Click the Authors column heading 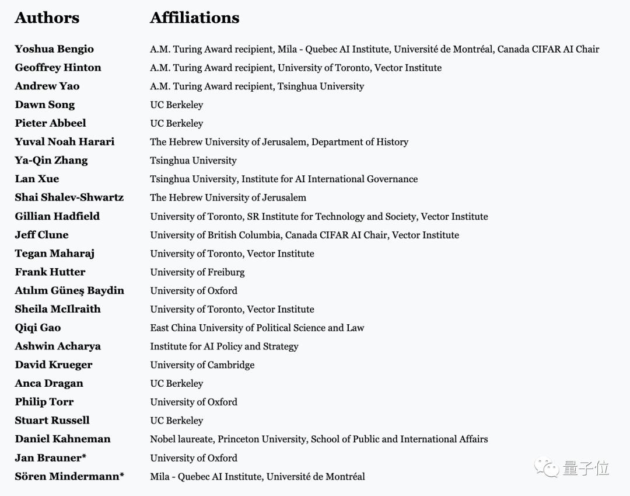click(47, 18)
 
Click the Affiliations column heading click(194, 18)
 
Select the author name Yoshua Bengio click(54, 49)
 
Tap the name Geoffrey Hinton click(58, 68)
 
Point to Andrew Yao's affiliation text click(257, 86)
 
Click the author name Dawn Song click(45, 105)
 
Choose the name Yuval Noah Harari click(65, 142)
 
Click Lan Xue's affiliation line click(283, 179)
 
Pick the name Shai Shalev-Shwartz click(69, 197)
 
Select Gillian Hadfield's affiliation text click(318, 217)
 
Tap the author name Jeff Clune click(41, 235)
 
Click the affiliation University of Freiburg click(197, 272)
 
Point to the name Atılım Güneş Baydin click(69, 290)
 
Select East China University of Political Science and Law click(257, 328)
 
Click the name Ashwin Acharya click(58, 346)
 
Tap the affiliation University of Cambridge click(202, 365)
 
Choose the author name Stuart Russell click(52, 421)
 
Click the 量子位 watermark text click(585, 468)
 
